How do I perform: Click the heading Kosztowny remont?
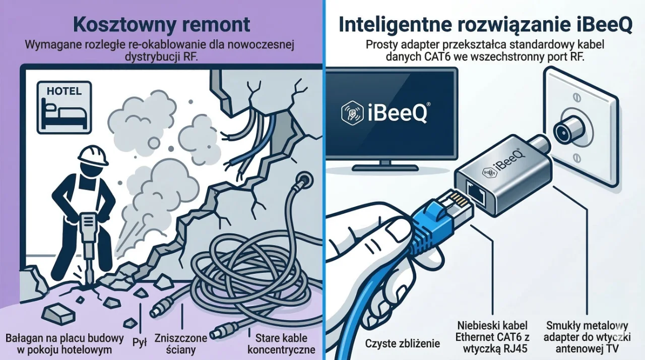tap(161, 25)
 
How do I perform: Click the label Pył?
tap(139, 342)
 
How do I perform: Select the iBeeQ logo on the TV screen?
tap(384, 112)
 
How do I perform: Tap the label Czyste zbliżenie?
tap(402, 344)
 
